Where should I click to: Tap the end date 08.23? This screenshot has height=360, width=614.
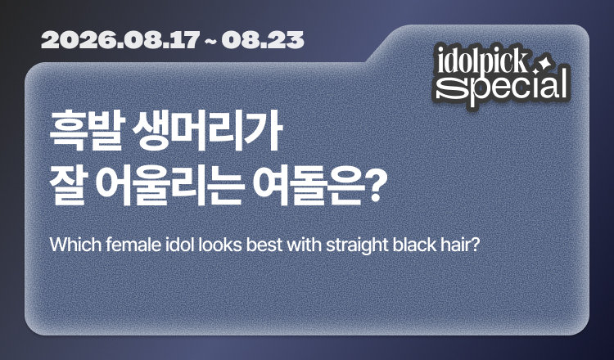click(x=262, y=40)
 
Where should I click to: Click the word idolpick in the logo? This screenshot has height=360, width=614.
click(x=482, y=61)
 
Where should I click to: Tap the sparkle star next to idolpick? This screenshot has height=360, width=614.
click(x=542, y=65)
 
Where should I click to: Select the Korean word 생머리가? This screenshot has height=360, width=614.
click(x=207, y=131)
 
